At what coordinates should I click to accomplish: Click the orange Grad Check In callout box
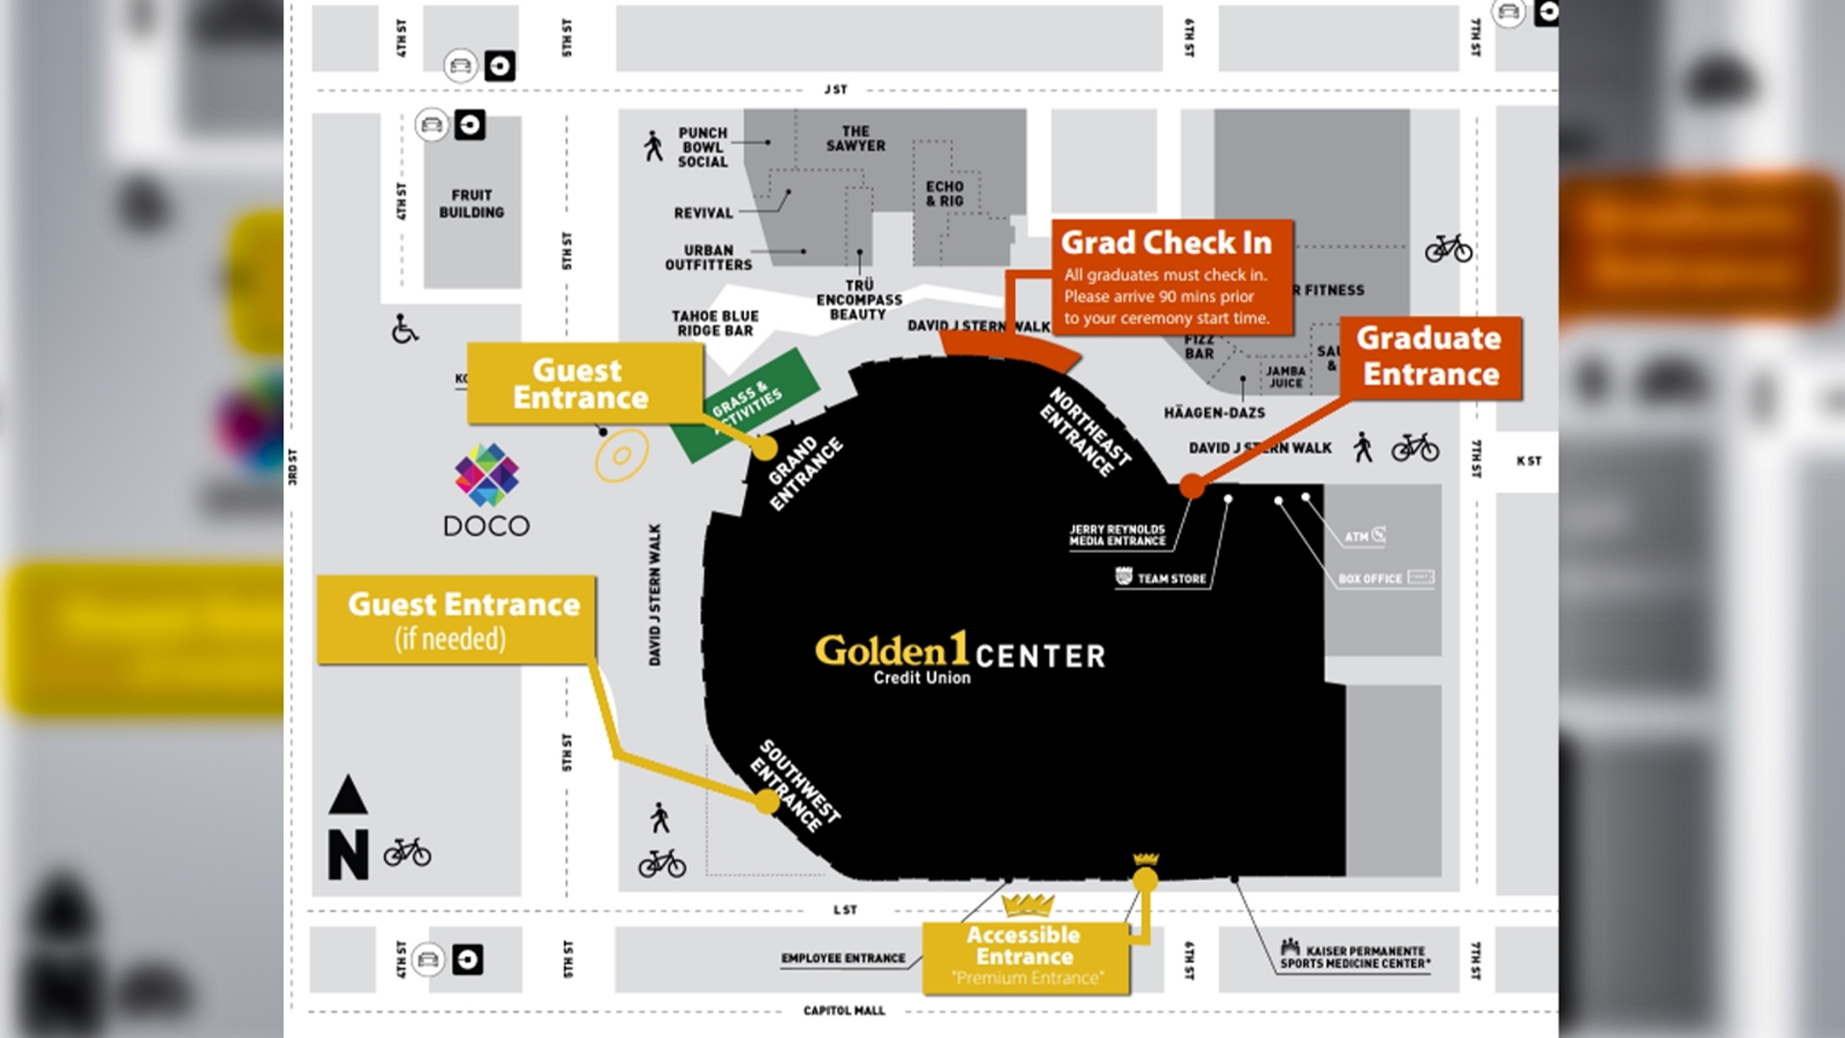1171,278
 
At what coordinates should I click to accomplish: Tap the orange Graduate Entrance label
1430,358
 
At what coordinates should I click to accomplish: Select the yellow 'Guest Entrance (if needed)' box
456,620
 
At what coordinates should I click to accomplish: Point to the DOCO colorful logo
486,475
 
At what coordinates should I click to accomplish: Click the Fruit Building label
471,204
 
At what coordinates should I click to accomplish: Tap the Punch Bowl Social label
702,147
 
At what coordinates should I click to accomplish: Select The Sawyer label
855,138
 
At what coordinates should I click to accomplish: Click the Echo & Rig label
944,193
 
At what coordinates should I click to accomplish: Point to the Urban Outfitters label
708,258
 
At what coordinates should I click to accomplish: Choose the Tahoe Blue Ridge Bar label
715,323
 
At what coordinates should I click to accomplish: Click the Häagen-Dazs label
1214,413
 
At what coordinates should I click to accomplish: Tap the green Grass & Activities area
748,405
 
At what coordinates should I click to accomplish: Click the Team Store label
1170,579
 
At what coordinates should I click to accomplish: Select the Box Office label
1370,579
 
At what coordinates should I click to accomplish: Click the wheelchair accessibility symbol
405,329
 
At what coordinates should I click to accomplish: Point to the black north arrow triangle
348,796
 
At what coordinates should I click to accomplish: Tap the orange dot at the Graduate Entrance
1192,486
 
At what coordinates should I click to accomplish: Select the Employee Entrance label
843,958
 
